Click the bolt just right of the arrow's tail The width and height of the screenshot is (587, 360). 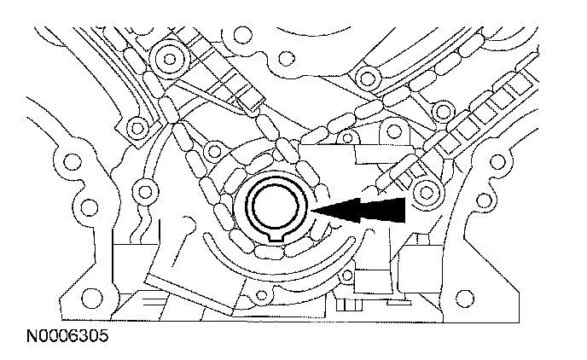pyautogui.click(x=424, y=195)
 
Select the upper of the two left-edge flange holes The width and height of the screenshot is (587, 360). pyautogui.click(x=65, y=160)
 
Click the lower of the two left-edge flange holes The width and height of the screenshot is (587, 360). pyautogui.click(x=85, y=206)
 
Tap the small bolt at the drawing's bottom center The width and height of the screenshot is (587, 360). pyautogui.click(x=252, y=298)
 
